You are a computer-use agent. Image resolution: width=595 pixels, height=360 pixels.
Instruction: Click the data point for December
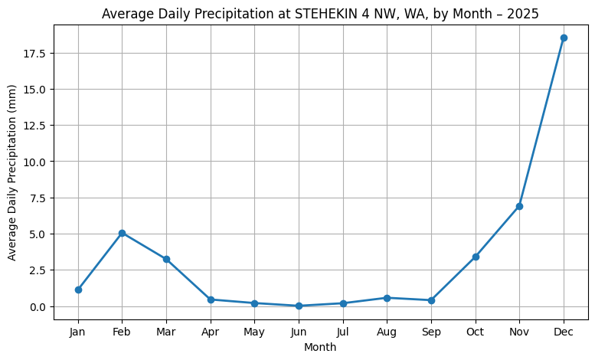564,38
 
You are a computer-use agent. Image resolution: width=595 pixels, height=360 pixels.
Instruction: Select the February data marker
123,233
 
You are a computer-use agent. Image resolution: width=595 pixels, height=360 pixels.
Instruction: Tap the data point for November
519,206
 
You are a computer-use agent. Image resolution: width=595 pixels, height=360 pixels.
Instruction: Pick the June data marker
299,306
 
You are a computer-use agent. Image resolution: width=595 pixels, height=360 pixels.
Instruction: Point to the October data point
476,257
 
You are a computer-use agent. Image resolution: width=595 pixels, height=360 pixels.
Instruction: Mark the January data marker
78,290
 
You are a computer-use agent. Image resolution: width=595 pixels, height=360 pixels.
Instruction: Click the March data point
166,259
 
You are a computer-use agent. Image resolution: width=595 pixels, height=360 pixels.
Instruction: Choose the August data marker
387,298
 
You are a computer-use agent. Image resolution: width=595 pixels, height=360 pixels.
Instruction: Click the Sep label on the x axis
431,332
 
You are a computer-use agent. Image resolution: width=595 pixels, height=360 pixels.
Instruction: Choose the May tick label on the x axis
254,332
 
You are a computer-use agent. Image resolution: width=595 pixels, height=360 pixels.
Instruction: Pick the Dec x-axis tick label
564,332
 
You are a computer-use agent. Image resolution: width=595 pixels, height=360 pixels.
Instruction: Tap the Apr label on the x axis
211,332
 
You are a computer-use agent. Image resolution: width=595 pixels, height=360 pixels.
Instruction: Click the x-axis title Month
321,347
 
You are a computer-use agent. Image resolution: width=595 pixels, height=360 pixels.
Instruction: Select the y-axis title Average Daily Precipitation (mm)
13,172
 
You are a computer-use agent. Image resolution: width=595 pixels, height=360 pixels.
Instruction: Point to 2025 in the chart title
524,15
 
